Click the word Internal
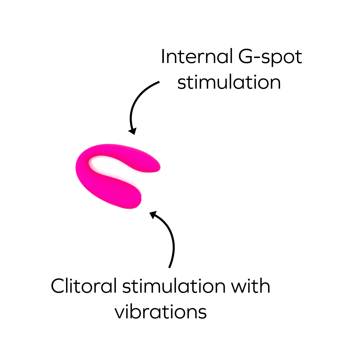click(x=196, y=57)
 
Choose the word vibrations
click(x=161, y=312)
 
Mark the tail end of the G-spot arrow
click(x=159, y=82)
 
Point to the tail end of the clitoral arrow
click(x=170, y=267)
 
